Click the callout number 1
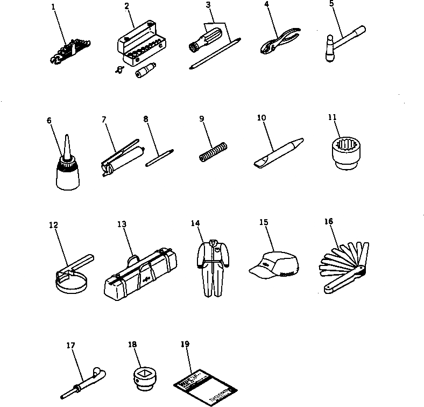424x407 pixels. pyautogui.click(x=53, y=7)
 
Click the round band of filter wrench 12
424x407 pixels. pyautogui.click(x=72, y=283)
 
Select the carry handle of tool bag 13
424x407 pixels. pyautogui.click(x=133, y=261)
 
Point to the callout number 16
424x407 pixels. pyautogui.click(x=329, y=221)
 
